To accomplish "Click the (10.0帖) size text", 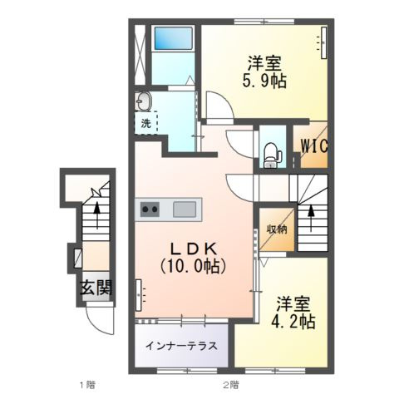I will click(194, 267).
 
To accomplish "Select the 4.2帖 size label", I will click(295, 322).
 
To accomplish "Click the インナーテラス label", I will click(181, 346).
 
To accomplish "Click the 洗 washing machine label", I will click(145, 124).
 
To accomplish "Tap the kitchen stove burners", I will click(150, 209).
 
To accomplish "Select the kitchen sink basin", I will click(185, 209).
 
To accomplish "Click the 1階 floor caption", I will click(88, 384).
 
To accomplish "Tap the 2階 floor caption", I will click(231, 384).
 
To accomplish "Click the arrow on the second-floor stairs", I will click(312, 218).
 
